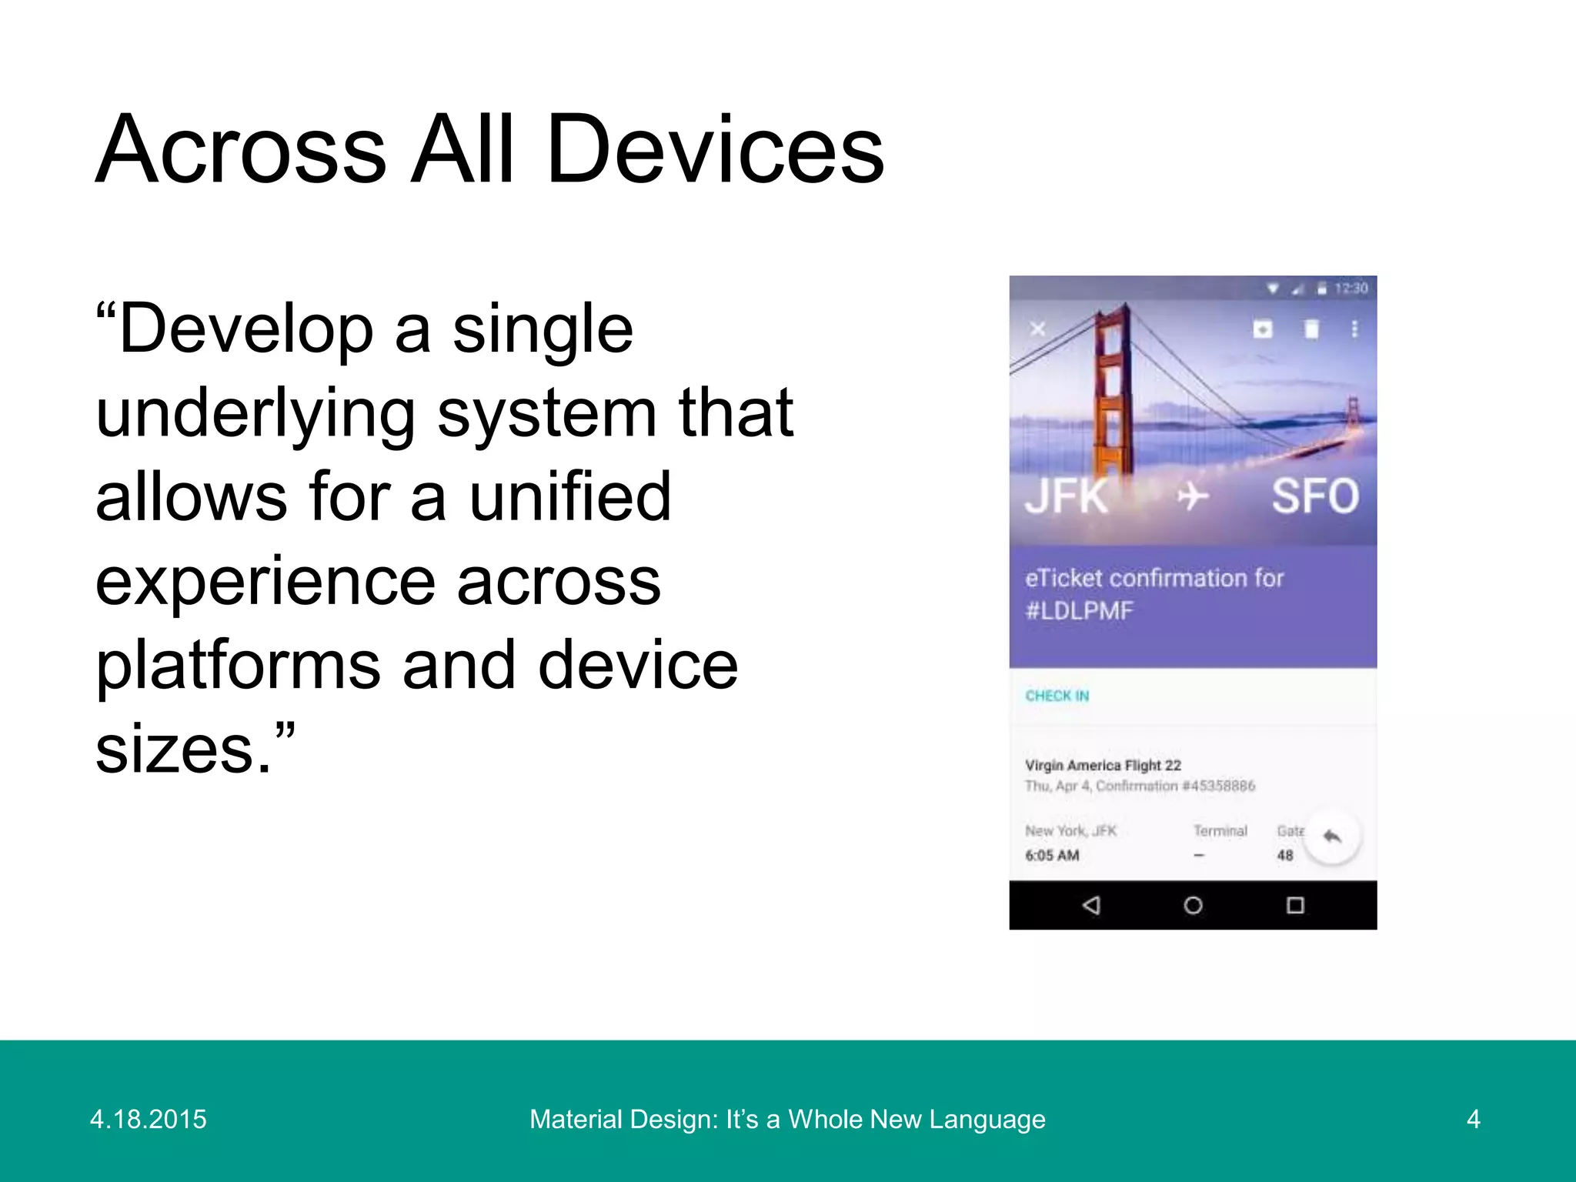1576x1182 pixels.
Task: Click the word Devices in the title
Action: [716, 150]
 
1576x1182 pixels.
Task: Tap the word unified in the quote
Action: [570, 497]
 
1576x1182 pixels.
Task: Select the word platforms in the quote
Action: [238, 666]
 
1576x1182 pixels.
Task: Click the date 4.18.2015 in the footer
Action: [149, 1119]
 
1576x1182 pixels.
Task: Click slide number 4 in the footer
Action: [1473, 1119]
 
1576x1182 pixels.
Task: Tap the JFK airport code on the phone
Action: [1067, 496]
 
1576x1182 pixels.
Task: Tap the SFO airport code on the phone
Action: [1315, 496]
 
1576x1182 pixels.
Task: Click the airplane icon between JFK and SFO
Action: [1192, 496]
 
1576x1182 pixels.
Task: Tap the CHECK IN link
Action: [1057, 696]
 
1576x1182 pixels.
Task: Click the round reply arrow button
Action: [1332, 836]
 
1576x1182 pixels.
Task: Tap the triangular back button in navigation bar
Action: [1091, 905]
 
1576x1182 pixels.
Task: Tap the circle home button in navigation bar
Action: [1193, 905]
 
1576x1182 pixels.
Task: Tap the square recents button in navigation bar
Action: [1295, 905]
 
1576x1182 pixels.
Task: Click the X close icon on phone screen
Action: [1038, 329]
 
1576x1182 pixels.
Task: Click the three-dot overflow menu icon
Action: [1354, 329]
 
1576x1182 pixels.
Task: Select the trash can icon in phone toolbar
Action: [1311, 329]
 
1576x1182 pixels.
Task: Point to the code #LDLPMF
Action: [1079, 611]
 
